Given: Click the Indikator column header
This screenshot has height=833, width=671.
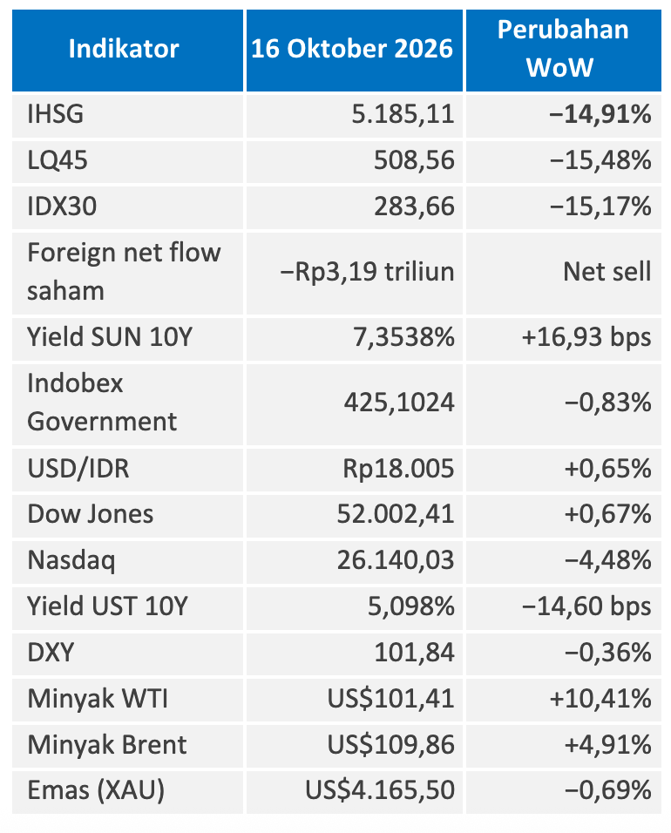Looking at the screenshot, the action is pos(124,49).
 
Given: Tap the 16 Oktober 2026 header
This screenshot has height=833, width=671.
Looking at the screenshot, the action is pos(352,49).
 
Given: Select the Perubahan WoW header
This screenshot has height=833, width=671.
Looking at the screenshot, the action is pos(563,48).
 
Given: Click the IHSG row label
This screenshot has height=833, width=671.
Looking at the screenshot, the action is pos(55,114).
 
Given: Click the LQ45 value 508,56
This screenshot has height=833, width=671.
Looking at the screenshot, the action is pos(415,160).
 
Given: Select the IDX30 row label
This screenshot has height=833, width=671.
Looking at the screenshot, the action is pos(62,207).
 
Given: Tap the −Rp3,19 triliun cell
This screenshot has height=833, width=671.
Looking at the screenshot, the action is pos(367,272).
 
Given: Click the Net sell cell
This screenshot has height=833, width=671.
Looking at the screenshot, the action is pos(607,272).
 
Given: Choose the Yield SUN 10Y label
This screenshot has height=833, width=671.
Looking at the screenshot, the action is pos(110,337).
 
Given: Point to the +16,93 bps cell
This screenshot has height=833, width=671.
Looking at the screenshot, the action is pos(586,338).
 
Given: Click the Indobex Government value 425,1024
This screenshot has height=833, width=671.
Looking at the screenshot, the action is pos(399,403).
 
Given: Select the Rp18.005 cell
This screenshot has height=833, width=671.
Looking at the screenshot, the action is pos(399,469).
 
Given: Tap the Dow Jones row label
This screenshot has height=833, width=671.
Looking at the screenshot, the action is pos(91,514).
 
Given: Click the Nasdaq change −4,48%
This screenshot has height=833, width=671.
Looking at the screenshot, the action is pos(607,560).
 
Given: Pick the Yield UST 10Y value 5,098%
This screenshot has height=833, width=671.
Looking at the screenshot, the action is pos(411,606).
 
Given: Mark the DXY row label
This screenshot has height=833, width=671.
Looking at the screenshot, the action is pos(51,653).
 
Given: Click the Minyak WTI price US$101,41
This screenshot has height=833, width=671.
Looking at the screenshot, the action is pos(391,699).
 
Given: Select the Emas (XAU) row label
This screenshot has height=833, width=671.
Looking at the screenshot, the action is pos(96,790).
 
